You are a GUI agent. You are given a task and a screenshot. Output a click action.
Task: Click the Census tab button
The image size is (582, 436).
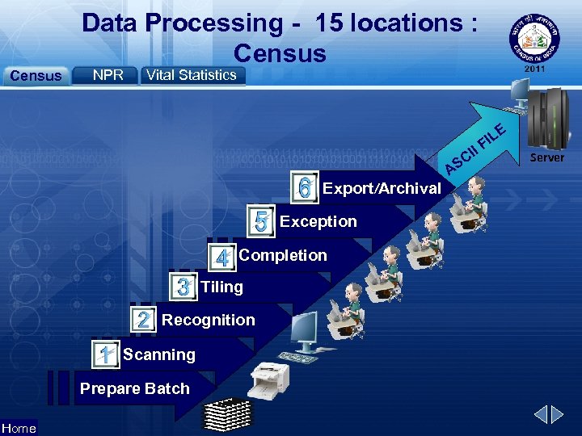pyautogui.click(x=35, y=76)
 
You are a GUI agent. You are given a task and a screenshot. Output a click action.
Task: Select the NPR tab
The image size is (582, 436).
pyautogui.click(x=108, y=75)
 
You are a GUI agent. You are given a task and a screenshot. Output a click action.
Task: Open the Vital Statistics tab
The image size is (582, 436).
pyautogui.click(x=192, y=75)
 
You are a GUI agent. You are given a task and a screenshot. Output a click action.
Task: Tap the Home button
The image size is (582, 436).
pyautogui.click(x=19, y=428)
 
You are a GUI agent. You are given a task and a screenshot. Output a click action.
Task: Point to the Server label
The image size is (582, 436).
pyautogui.click(x=546, y=157)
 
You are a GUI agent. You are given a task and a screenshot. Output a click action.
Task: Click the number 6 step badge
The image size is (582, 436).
pyautogui.click(x=304, y=188)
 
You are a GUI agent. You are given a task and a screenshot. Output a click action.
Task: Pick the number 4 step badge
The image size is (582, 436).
pyautogui.click(x=221, y=258)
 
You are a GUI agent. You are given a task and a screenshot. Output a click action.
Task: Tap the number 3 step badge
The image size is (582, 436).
pyautogui.click(x=183, y=287)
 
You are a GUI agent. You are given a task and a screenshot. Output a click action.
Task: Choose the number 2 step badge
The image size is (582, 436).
pyautogui.click(x=143, y=320)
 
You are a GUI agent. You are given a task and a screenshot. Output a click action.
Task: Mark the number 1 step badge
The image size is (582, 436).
pyautogui.click(x=104, y=354)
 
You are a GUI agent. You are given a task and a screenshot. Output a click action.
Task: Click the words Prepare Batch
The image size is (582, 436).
pyautogui.click(x=134, y=388)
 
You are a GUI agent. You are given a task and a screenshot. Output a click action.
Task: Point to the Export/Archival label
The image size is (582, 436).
pyautogui.click(x=382, y=189)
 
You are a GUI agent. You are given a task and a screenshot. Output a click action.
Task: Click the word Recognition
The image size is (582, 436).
pyautogui.click(x=208, y=320)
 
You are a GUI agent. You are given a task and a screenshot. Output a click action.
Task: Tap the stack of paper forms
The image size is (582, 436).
pyautogui.click(x=227, y=413)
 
